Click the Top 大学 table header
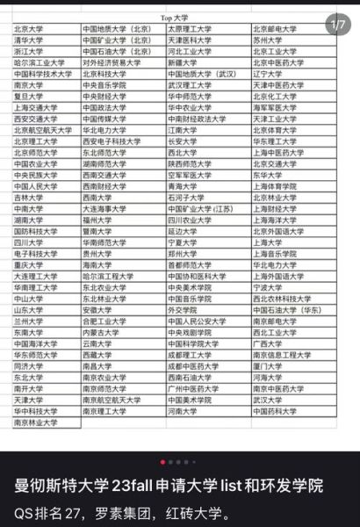[x=182, y=17]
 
